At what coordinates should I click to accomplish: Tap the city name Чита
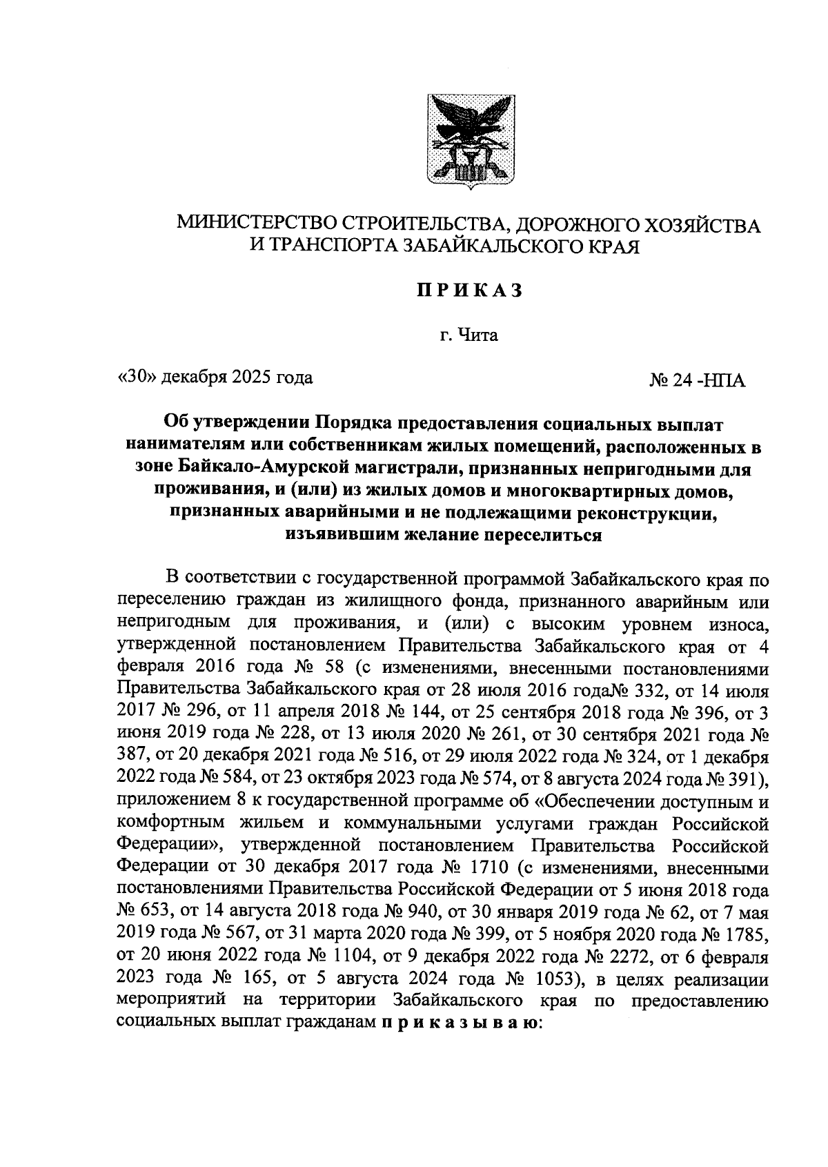(477, 336)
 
